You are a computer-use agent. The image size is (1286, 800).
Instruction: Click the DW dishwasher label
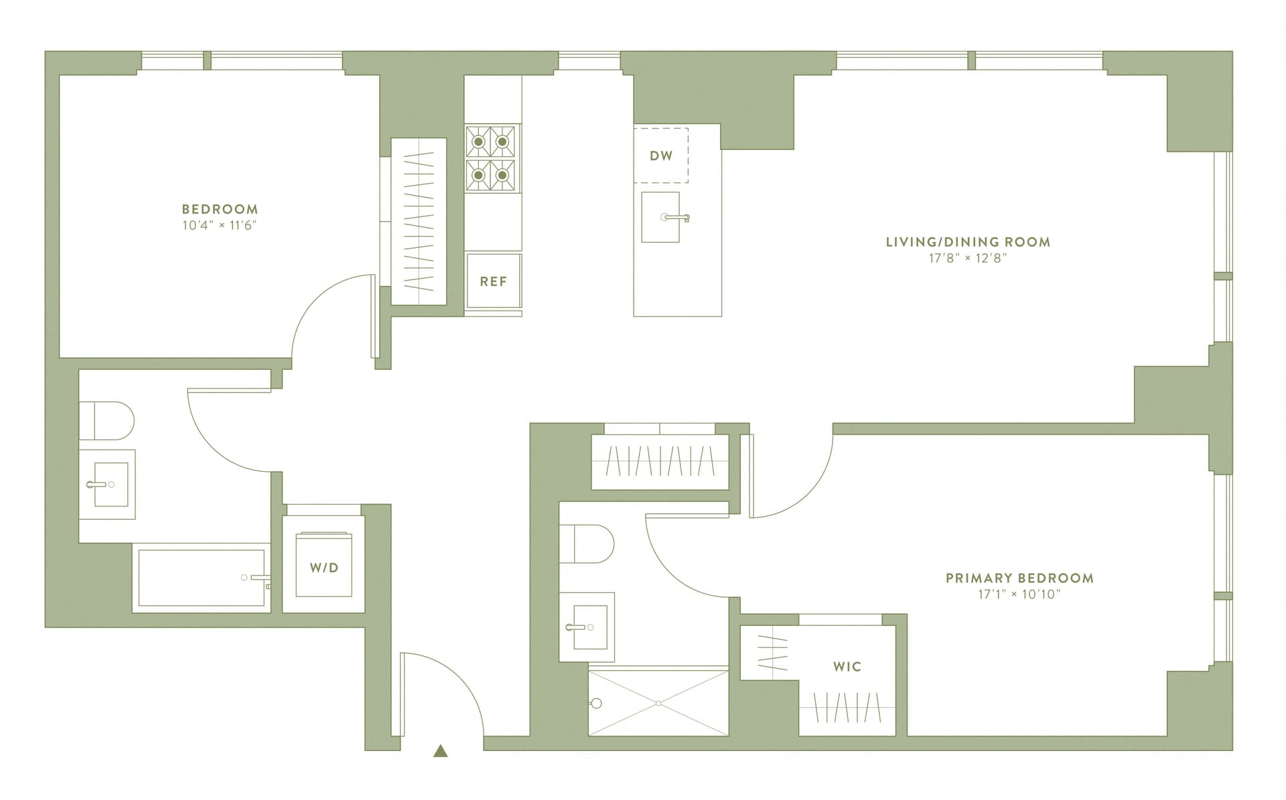point(661,156)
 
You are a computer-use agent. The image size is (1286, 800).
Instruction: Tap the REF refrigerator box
point(494,281)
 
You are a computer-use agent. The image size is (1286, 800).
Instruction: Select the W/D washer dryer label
point(324,568)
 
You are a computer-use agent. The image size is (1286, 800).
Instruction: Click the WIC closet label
point(847,667)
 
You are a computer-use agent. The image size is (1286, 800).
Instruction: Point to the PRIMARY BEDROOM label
point(1019,578)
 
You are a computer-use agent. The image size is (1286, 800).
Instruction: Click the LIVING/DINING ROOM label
point(968,242)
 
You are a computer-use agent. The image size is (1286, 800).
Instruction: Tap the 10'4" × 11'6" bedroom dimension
point(220,226)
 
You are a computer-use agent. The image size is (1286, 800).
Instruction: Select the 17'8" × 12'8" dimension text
point(968,259)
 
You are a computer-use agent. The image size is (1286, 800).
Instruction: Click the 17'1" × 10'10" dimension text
point(1019,594)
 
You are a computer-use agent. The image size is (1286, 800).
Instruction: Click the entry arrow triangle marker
point(440,751)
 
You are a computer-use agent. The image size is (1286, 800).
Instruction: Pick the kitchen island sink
point(660,217)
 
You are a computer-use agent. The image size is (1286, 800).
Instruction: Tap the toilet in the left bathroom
point(107,421)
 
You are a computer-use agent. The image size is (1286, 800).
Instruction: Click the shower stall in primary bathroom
point(658,703)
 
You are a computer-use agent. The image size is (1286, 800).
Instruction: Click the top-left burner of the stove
point(479,141)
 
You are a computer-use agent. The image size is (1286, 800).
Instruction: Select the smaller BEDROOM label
point(220,209)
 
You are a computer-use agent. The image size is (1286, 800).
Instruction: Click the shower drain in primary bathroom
point(659,703)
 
